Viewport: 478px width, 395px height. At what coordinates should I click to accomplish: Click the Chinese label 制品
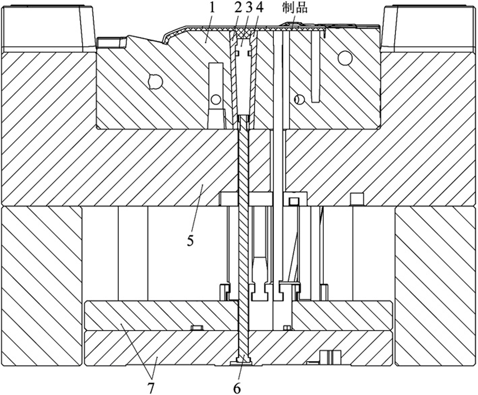click(295, 9)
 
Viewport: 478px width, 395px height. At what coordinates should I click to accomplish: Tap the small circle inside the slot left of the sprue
click(216, 99)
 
